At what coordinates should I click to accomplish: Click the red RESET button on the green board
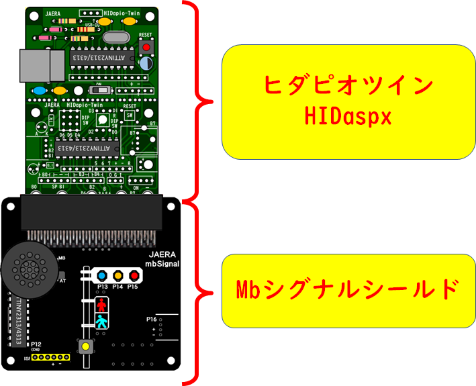coord(145,47)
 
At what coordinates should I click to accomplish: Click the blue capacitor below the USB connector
coord(40,91)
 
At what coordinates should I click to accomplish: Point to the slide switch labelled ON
coord(101,89)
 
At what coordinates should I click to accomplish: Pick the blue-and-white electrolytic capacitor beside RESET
coord(146,63)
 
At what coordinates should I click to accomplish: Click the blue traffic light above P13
coord(102,275)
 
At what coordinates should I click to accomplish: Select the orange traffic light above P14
coord(118,275)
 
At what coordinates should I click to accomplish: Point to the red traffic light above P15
coord(134,275)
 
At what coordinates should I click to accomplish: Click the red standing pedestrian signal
coord(102,305)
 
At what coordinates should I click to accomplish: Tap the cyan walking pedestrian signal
coord(102,322)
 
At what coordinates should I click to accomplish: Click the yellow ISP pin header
coord(52,358)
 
